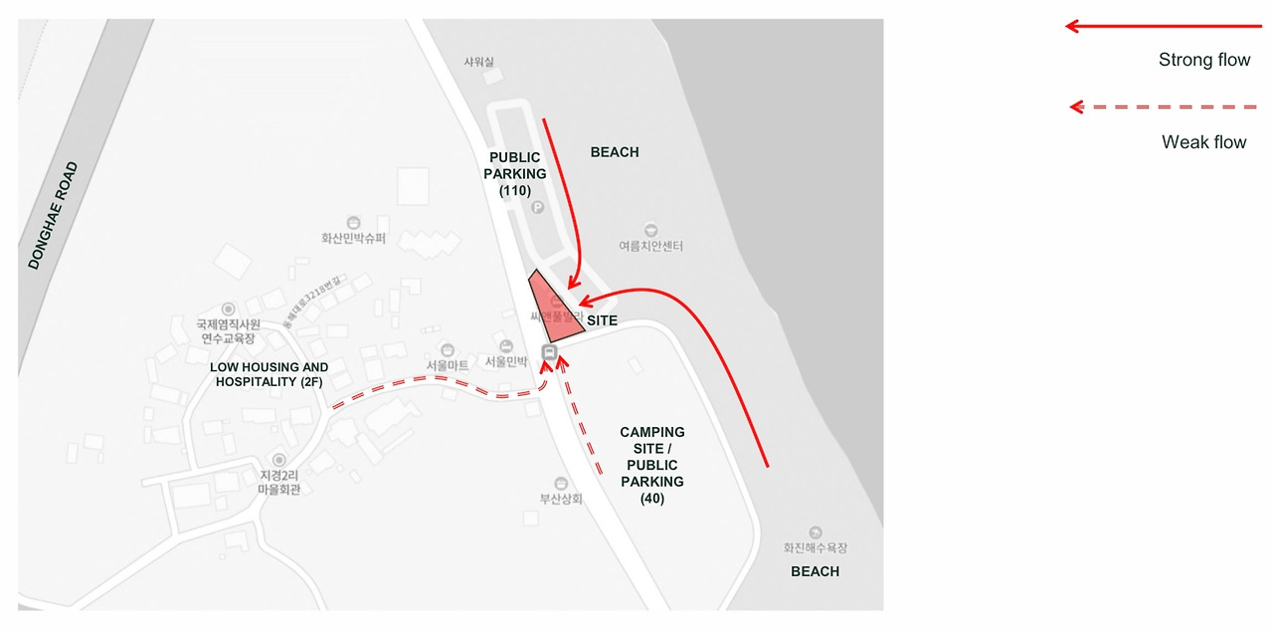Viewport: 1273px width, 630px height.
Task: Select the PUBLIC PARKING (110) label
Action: click(515, 174)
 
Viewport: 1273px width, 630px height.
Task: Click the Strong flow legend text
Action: click(1203, 60)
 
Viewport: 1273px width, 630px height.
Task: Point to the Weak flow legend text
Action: click(1203, 142)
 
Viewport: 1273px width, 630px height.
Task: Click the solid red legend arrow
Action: click(1163, 26)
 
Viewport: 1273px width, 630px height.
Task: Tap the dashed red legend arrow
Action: click(1163, 106)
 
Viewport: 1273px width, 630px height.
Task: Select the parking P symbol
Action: click(538, 207)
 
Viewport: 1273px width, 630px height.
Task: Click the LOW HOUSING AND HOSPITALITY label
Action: click(270, 374)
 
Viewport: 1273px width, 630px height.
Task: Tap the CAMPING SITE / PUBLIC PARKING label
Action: click(652, 465)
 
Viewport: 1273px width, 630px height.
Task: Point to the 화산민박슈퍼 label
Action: click(353, 239)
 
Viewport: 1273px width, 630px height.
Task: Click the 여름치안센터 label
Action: click(650, 246)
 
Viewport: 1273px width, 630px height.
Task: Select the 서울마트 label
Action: click(448, 365)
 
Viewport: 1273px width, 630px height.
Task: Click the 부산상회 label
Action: click(561, 499)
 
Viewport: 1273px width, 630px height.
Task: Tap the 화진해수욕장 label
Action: click(816, 547)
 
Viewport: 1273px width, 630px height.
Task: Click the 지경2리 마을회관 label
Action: click(278, 483)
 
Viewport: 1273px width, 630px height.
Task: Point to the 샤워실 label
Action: click(478, 62)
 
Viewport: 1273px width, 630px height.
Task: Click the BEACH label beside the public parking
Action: click(615, 152)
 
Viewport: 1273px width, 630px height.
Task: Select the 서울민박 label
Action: click(506, 362)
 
